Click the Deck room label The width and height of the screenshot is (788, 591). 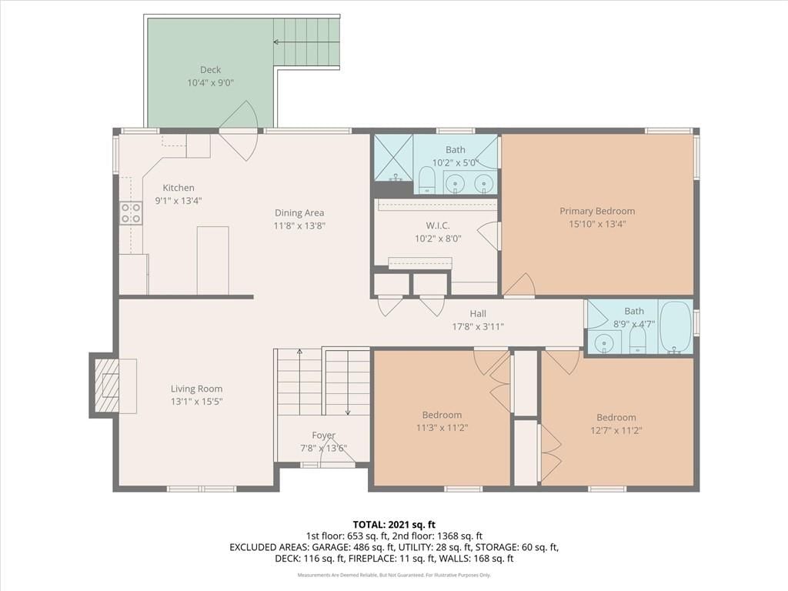pyautogui.click(x=210, y=70)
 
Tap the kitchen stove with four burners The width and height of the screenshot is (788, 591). pyautogui.click(x=131, y=213)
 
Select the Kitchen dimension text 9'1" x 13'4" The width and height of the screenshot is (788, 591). pyautogui.click(x=179, y=201)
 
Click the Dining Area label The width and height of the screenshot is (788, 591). pyautogui.click(x=299, y=213)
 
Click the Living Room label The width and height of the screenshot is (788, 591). pyautogui.click(x=196, y=389)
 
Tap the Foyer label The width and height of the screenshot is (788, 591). pyautogui.click(x=324, y=436)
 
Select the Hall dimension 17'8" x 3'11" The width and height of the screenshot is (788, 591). pyautogui.click(x=478, y=326)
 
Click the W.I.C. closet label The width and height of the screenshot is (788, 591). pyautogui.click(x=438, y=225)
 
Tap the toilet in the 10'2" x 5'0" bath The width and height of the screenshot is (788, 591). pyautogui.click(x=427, y=180)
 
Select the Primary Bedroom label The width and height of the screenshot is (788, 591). pyautogui.click(x=597, y=211)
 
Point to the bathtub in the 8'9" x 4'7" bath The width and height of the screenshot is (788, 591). pyautogui.click(x=676, y=327)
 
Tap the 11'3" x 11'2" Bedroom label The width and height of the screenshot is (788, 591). pyautogui.click(x=442, y=415)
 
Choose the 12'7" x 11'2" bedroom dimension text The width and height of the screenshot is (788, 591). pyautogui.click(x=616, y=430)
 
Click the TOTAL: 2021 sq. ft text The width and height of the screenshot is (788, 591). pyautogui.click(x=394, y=525)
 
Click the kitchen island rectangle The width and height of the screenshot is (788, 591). pyautogui.click(x=212, y=260)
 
